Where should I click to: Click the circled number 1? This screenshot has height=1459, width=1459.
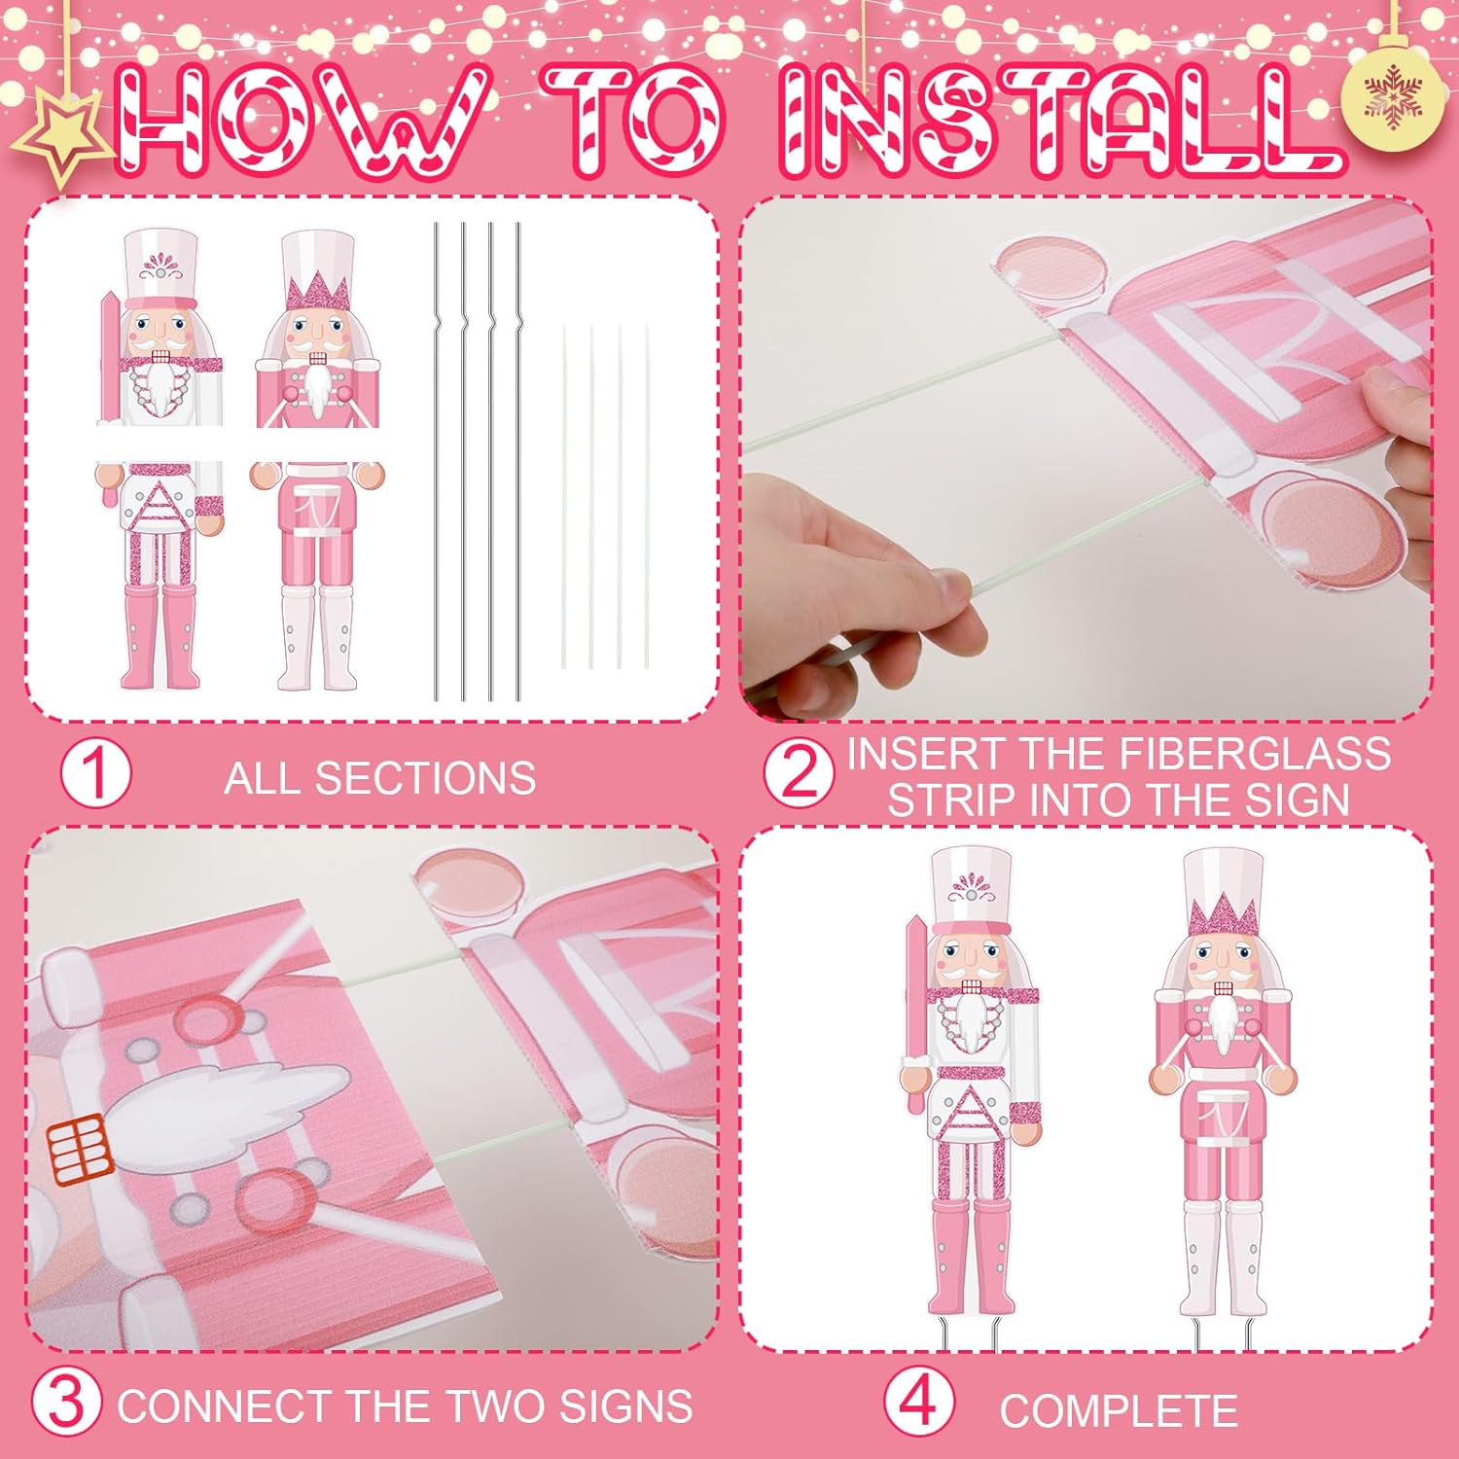95,773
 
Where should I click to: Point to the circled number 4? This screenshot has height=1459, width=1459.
918,1404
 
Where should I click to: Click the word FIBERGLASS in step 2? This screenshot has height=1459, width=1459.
1254,755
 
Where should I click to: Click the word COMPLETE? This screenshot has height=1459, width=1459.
1119,1411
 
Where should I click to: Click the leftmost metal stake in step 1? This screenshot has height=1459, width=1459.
437,462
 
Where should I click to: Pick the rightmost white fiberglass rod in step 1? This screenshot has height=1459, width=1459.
646,496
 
